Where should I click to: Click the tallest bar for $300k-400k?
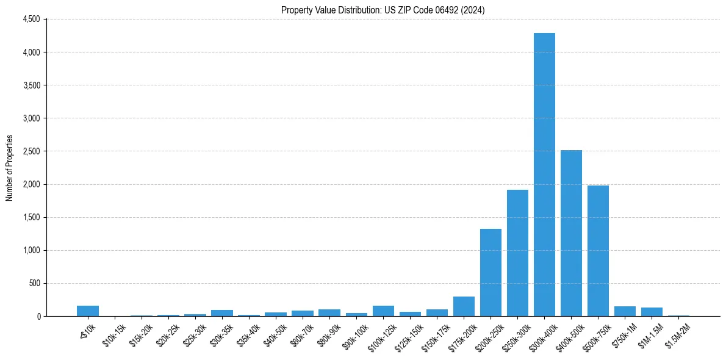coord(544,175)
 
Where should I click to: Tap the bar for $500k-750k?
coord(598,251)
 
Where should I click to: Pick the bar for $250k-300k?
coord(517,253)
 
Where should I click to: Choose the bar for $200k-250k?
coord(491,272)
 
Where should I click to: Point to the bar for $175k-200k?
coord(464,306)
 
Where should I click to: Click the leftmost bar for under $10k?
coord(88,311)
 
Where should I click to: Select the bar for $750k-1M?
coord(625,311)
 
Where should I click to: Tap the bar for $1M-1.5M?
coord(652,312)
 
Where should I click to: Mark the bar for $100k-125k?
coord(383,311)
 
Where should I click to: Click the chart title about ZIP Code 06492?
coord(383,10)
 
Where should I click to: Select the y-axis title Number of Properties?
coord(10,168)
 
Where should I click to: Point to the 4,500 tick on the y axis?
coord(31,20)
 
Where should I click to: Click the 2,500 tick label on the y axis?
coord(31,151)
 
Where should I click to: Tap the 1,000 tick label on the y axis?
coord(31,250)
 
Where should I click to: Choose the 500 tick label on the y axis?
coord(34,283)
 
